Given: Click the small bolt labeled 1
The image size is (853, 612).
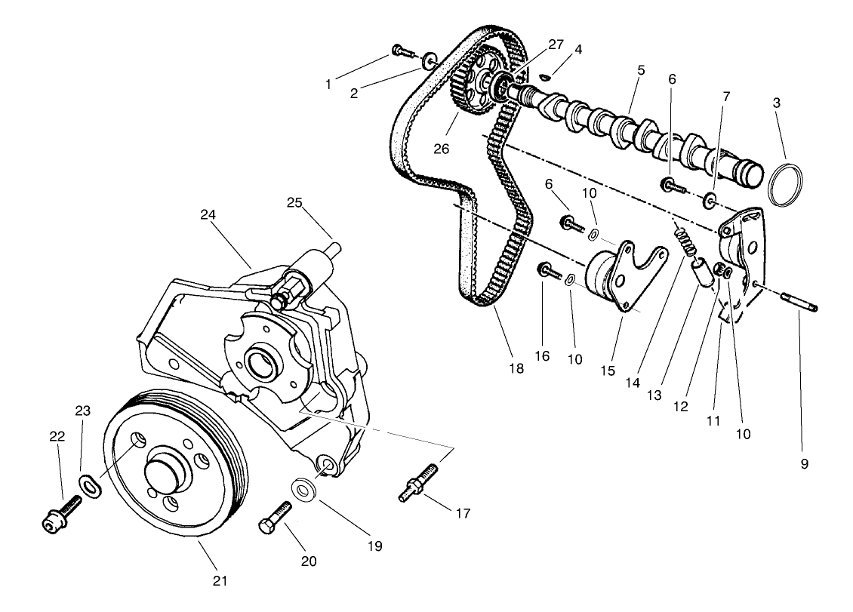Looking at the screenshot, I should (403, 51).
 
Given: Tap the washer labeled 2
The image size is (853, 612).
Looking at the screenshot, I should (430, 59).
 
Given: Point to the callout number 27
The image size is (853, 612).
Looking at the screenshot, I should (556, 45).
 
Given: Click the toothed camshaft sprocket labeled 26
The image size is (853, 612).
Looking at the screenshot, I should (471, 83).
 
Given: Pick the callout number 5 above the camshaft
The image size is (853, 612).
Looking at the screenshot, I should (641, 70).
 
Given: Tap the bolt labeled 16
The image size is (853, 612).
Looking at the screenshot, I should (549, 270).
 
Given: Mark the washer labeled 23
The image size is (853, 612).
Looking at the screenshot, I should (88, 484).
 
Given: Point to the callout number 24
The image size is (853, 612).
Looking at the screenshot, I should (208, 214).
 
